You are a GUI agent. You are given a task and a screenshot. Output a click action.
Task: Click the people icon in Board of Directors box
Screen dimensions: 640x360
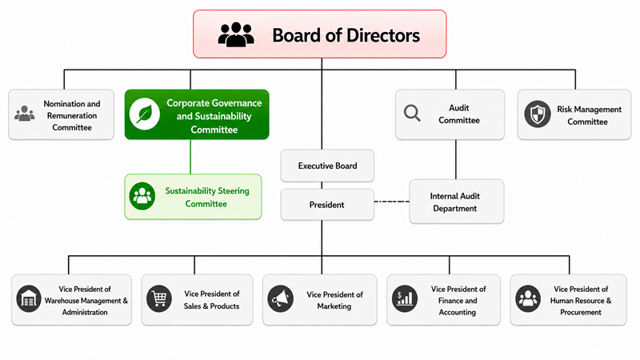(236, 34)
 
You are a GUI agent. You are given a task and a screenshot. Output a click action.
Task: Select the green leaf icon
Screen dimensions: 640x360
(145, 114)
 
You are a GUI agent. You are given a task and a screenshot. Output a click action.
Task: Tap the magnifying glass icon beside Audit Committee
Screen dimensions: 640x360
(412, 113)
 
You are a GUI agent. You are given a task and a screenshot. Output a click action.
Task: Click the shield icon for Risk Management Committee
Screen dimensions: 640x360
(537, 114)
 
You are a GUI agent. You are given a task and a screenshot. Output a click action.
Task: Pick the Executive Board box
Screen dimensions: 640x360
(327, 166)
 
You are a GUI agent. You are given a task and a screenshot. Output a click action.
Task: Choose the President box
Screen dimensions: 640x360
(327, 205)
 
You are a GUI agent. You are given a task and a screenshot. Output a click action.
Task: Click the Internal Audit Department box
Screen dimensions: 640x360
(456, 202)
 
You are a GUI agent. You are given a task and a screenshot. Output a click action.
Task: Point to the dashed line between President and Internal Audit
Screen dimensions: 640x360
(392, 202)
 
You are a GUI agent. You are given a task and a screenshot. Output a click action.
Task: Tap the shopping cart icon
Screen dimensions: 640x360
(159, 298)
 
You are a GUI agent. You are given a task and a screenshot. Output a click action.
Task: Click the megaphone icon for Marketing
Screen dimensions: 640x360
(281, 298)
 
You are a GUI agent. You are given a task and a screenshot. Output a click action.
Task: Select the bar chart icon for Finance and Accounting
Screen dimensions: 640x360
(405, 298)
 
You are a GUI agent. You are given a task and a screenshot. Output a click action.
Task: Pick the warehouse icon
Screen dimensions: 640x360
(29, 298)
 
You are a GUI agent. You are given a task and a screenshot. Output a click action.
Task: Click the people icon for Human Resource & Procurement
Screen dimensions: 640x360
(528, 298)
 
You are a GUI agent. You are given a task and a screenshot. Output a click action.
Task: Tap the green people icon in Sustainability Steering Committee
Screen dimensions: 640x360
(142, 196)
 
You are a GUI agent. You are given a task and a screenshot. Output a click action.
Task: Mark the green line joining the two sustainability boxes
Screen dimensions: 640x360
(190, 157)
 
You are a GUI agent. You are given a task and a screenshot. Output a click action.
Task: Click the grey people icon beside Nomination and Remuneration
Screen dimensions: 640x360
(25, 114)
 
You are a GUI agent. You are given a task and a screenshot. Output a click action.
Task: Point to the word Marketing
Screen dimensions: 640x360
(334, 306)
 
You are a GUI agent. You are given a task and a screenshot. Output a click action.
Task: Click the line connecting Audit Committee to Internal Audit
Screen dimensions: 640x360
(455, 159)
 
